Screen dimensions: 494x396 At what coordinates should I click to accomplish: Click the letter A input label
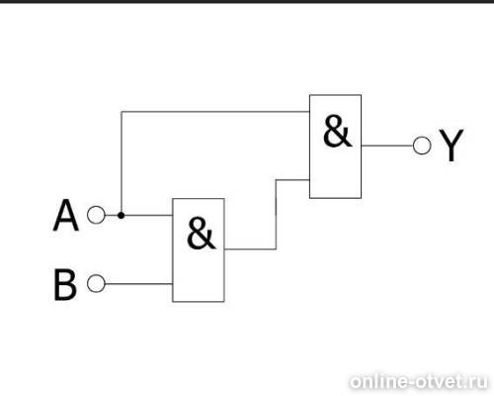point(66,215)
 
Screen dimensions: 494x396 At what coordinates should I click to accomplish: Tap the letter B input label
point(65,285)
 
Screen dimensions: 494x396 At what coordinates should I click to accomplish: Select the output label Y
point(452,145)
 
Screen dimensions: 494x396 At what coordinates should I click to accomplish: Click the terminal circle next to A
point(96,215)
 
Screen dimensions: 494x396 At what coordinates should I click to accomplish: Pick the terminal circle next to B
point(96,283)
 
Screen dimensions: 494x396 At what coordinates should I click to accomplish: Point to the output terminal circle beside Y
point(422,146)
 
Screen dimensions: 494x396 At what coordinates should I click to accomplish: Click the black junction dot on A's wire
point(122,216)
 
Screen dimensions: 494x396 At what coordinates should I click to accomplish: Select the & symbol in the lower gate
point(201,233)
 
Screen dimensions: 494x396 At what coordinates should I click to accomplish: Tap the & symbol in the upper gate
point(337,131)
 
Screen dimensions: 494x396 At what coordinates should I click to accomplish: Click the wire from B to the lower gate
point(138,284)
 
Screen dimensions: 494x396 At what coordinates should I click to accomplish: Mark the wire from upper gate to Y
point(387,146)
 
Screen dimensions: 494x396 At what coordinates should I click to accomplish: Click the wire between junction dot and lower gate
point(148,216)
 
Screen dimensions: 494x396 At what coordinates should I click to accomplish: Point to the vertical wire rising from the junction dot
point(122,162)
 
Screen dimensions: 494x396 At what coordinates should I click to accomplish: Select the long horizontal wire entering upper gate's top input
point(215,112)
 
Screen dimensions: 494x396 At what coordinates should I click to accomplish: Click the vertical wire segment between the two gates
point(276,215)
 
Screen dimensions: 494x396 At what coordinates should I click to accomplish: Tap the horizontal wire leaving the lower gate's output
point(250,249)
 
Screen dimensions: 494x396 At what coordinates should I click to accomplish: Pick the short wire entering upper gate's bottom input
point(292,180)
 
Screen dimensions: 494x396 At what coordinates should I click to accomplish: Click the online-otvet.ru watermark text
point(419,382)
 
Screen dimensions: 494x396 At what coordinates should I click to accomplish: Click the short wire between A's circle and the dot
point(112,216)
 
